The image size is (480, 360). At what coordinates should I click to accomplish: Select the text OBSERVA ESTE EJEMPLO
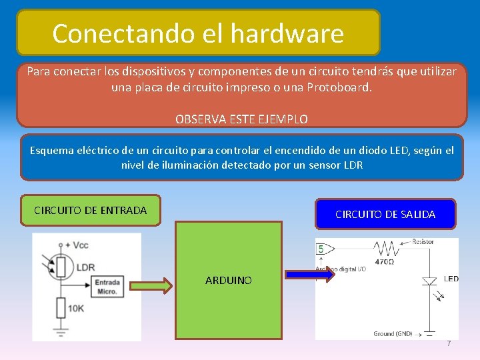coord(241,119)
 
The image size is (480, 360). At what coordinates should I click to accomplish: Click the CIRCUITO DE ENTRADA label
coord(90,210)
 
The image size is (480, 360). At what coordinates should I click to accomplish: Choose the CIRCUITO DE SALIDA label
coord(385,214)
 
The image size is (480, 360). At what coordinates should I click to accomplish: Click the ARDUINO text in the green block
coord(229,281)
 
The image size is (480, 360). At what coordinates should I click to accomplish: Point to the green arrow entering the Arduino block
coord(151,285)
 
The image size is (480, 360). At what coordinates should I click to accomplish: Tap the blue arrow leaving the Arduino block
coord(309,275)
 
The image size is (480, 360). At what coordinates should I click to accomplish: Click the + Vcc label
coord(77,245)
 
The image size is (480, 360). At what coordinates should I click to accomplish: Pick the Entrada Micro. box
coord(107,287)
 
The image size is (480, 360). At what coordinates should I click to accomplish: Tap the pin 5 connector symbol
coord(321,249)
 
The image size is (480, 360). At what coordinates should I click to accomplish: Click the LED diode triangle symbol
coord(429,281)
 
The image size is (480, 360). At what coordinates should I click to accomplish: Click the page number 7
coord(449,343)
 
